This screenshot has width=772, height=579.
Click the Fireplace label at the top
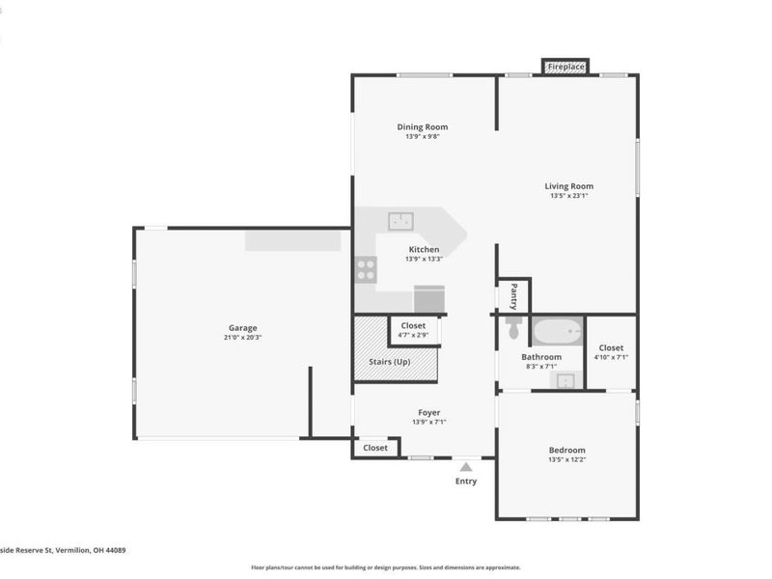tap(566, 67)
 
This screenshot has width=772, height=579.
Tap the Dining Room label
tap(423, 126)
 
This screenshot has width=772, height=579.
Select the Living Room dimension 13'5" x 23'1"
tap(568, 196)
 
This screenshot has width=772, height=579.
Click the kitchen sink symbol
tap(401, 221)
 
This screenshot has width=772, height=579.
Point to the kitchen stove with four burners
tap(366, 269)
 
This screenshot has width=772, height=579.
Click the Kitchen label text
tap(424, 248)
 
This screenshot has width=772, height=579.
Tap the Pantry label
tap(513, 294)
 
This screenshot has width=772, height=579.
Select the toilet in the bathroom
tap(513, 329)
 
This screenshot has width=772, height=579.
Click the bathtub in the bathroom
tap(556, 334)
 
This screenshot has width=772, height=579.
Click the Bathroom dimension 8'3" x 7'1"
tap(541, 367)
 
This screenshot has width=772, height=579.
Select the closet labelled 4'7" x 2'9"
tap(413, 335)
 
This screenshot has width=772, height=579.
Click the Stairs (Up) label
tap(393, 362)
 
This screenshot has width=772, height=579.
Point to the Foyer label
tap(428, 412)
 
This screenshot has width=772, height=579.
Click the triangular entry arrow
tap(466, 466)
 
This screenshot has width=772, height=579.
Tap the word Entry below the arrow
tap(466, 481)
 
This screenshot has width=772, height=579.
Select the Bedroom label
tap(566, 450)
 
